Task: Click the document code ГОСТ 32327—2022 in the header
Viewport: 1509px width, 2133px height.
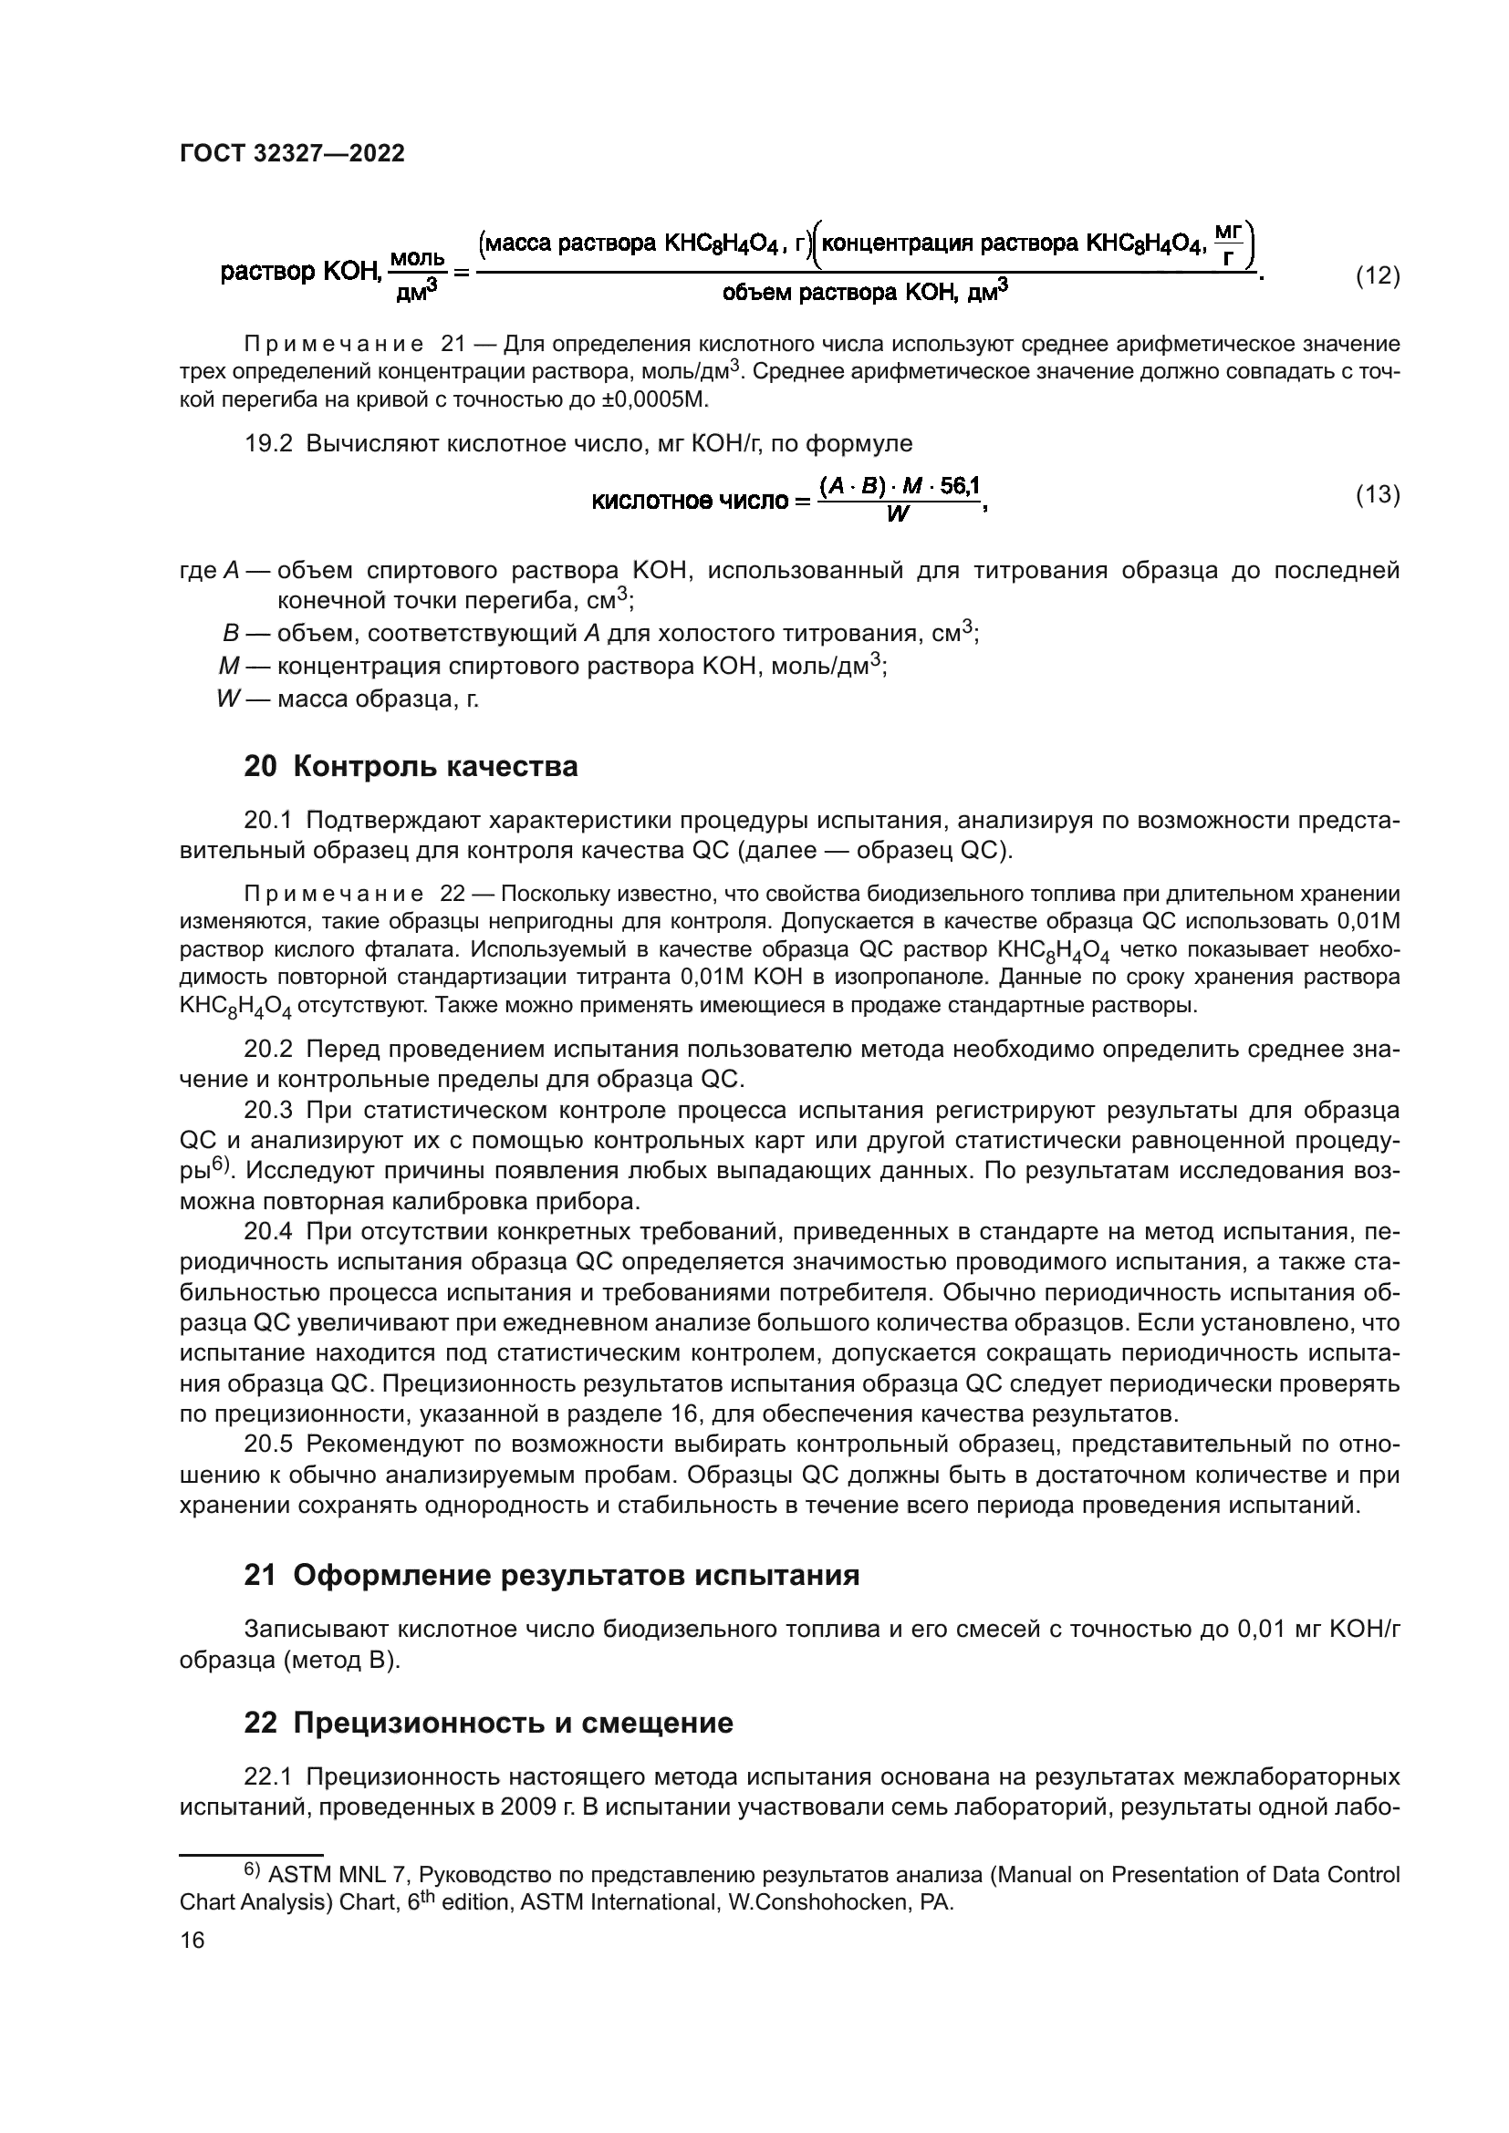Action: pos(292,154)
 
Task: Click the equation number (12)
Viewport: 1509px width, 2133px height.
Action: pos(1377,276)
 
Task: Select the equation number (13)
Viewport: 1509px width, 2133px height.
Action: pos(1377,495)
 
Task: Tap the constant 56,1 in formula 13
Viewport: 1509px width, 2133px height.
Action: pos(959,486)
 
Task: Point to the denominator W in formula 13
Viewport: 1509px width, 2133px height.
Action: pos(898,513)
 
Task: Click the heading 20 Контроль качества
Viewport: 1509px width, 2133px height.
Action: pos(411,766)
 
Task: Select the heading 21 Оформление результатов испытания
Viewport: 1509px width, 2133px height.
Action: pos(551,1576)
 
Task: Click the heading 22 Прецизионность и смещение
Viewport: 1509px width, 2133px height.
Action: pos(489,1724)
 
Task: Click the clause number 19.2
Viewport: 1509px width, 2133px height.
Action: pos(268,443)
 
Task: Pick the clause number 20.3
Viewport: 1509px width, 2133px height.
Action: pos(268,1110)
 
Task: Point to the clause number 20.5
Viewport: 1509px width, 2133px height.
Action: pos(268,1444)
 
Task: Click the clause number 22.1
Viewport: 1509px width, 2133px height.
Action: pos(268,1777)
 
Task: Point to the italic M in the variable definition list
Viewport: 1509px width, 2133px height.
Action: pos(229,666)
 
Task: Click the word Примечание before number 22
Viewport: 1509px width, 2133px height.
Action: pos(333,895)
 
